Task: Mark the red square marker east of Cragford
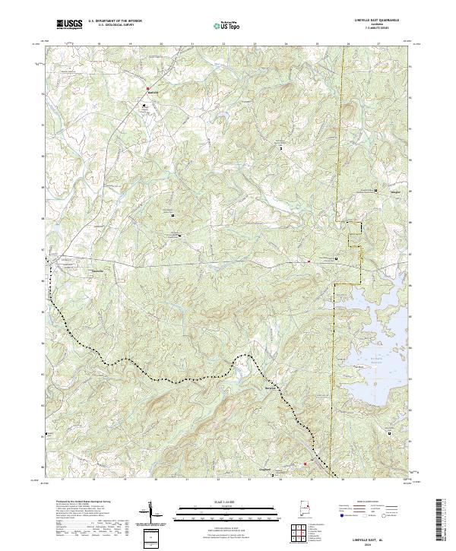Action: coord(306,463)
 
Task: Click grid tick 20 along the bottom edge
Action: coord(155,480)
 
